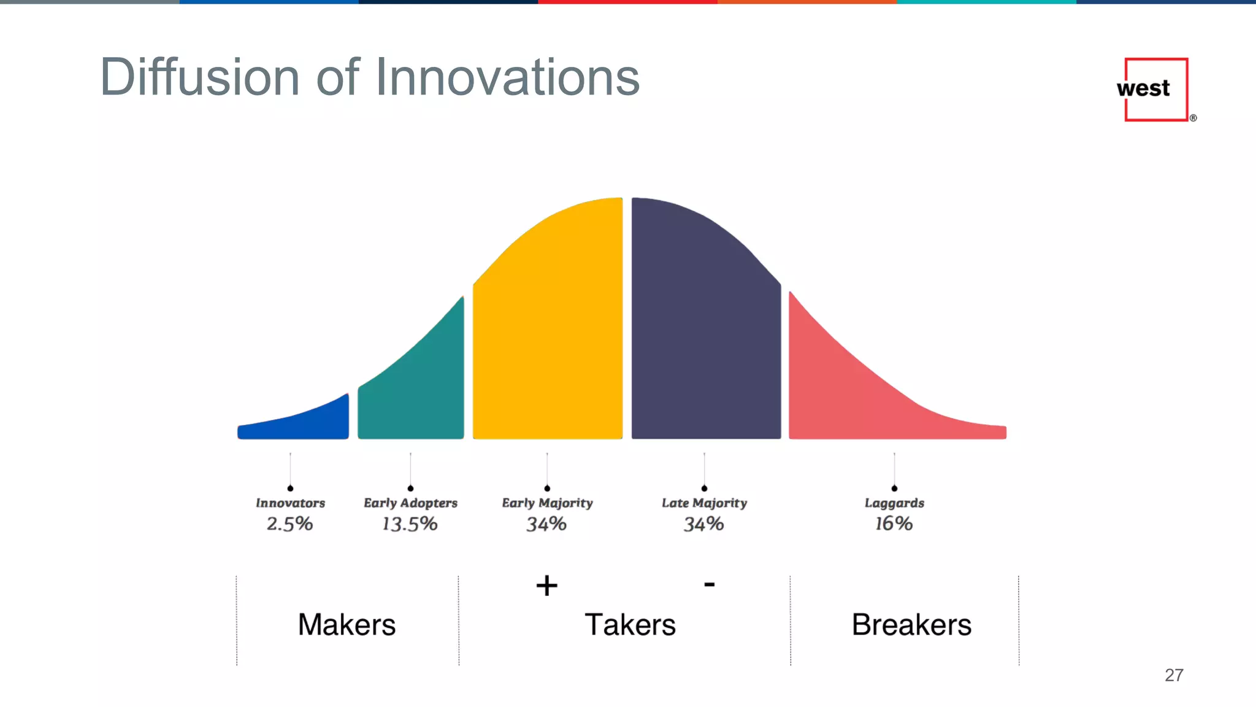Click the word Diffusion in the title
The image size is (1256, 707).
(x=200, y=77)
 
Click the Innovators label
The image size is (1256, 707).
(x=290, y=503)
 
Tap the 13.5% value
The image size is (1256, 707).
(x=410, y=524)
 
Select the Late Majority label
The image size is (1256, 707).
(x=704, y=503)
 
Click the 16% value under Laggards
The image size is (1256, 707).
(x=894, y=523)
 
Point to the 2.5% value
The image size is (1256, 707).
(x=289, y=524)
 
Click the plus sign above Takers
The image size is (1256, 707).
(x=546, y=585)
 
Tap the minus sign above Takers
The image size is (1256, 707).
(x=709, y=584)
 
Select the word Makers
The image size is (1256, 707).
(x=347, y=625)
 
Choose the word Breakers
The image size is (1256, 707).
(x=911, y=625)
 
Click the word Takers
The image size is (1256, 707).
(x=630, y=625)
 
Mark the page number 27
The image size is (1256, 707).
(x=1174, y=675)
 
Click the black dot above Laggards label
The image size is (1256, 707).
(x=894, y=489)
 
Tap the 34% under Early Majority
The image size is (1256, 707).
(x=546, y=524)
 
